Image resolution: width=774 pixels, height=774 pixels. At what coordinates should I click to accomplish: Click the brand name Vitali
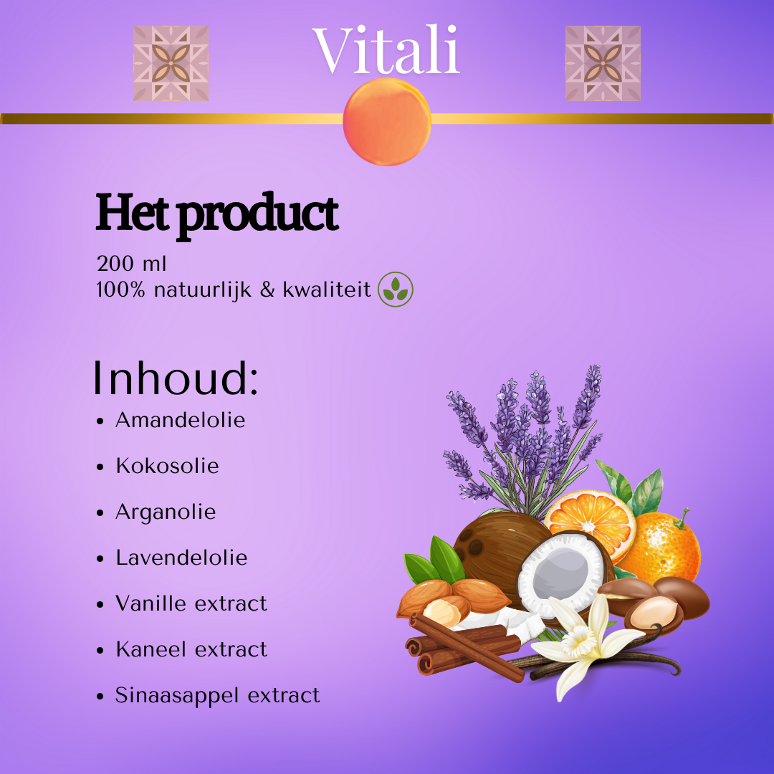pos(386,50)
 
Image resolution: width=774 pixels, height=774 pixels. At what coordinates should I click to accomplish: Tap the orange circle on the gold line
pos(387,122)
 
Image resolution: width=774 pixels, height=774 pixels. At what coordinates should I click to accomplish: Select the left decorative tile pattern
pos(171,63)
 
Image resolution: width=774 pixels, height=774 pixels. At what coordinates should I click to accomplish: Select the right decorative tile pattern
pos(603,63)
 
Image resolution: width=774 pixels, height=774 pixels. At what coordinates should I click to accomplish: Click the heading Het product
pos(216,215)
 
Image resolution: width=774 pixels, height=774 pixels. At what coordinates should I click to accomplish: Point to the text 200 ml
pos(131,264)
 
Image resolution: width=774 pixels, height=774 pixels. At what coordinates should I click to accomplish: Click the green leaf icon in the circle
pos(396,290)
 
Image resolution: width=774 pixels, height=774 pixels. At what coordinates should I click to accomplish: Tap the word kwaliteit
pos(326,290)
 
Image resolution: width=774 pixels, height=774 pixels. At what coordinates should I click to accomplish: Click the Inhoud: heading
pos(176,378)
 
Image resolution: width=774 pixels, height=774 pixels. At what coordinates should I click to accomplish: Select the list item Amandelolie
pos(180,420)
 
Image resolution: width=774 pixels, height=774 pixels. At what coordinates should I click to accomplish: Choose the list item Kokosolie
pos(167,466)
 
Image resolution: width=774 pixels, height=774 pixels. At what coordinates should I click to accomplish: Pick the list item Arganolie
pos(166,512)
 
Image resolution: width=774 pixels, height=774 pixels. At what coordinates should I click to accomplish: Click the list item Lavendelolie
pos(181,558)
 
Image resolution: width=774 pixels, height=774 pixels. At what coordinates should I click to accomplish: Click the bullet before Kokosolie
pos(100,467)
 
